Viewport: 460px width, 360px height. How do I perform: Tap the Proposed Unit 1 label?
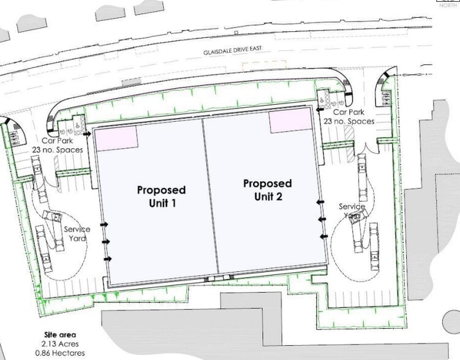click(x=161, y=196)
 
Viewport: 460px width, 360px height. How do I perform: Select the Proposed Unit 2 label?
click(x=267, y=190)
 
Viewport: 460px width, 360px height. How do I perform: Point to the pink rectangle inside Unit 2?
click(x=290, y=122)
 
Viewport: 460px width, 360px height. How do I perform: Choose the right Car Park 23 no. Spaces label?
click(x=353, y=117)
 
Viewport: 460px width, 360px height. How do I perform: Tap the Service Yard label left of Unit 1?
click(x=77, y=233)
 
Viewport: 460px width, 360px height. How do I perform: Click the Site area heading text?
click(x=59, y=335)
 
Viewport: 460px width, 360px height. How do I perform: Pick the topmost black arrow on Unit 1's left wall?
click(x=88, y=133)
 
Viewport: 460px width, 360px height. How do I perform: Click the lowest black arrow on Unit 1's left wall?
click(x=107, y=259)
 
